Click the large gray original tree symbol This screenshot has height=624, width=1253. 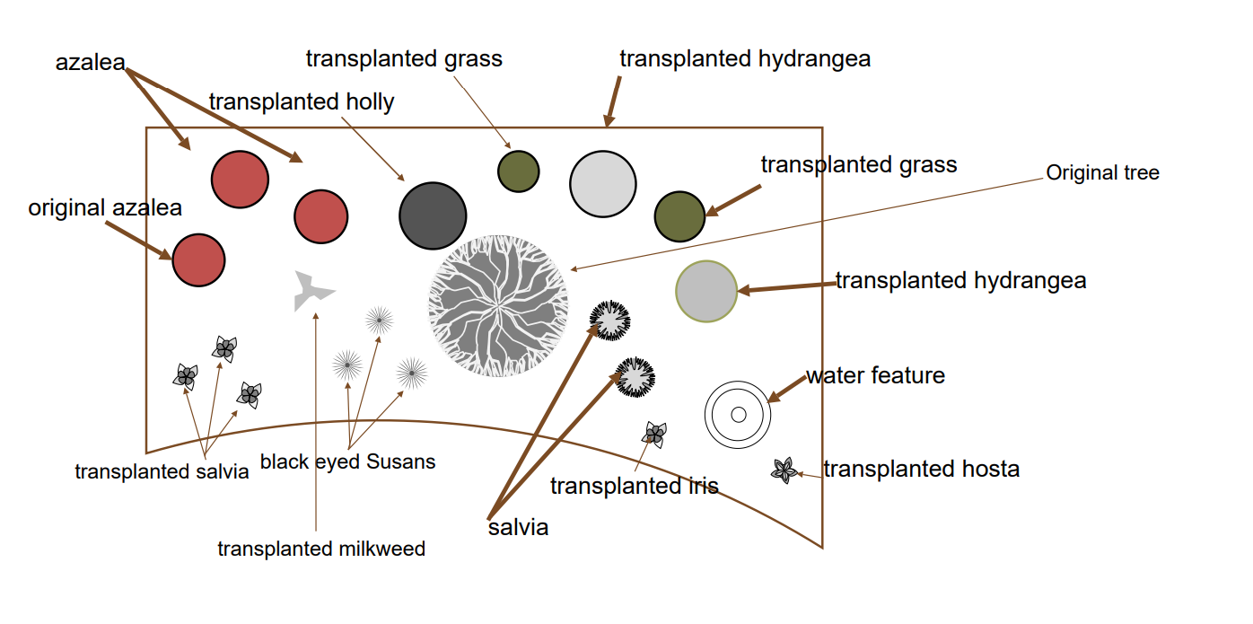(498, 305)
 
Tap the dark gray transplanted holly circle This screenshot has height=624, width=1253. (433, 216)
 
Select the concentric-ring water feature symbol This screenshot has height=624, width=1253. (738, 414)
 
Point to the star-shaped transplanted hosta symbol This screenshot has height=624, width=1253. (784, 470)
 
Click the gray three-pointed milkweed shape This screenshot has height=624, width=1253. (311, 290)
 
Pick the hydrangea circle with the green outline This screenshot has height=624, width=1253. (706, 291)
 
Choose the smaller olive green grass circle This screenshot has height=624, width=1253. (518, 171)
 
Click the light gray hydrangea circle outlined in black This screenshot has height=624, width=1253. (603, 184)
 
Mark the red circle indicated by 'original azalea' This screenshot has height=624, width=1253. (198, 259)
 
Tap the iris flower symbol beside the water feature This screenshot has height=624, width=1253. (654, 435)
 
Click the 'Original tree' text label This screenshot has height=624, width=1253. (1102, 173)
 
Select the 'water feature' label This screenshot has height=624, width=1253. (875, 375)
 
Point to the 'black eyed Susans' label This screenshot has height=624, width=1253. (347, 462)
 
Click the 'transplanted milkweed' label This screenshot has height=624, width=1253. (321, 549)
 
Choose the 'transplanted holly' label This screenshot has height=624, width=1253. (302, 102)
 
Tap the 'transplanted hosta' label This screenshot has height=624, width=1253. (921, 470)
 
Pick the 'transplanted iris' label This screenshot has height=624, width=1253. (634, 487)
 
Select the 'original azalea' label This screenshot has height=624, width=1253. (105, 208)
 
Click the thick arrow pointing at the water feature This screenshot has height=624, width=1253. (786, 389)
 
